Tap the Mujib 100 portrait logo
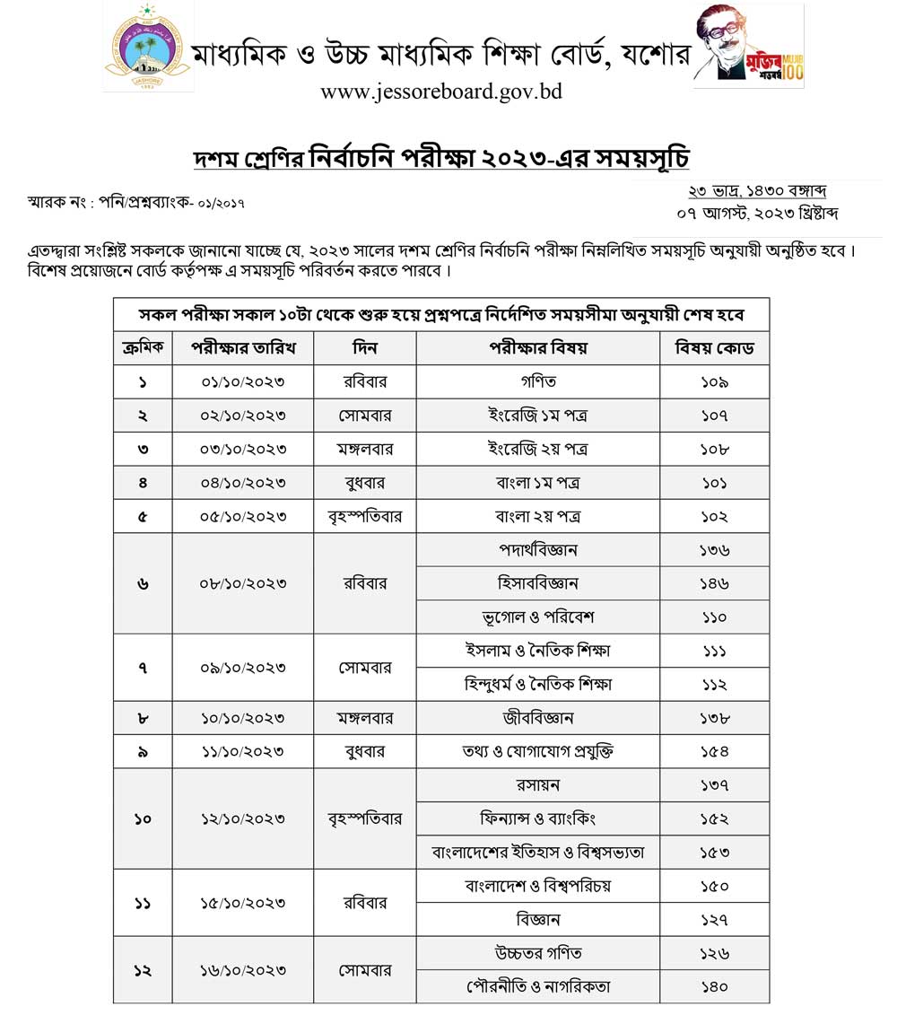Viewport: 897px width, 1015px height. (x=749, y=47)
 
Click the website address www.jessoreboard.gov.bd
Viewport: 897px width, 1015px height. (x=440, y=92)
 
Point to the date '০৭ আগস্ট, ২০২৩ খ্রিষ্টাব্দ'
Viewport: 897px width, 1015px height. (x=758, y=214)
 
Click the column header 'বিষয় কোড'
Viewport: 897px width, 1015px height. (x=714, y=347)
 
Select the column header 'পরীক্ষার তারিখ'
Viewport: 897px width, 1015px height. (x=241, y=347)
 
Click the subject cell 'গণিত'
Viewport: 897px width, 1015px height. (x=538, y=381)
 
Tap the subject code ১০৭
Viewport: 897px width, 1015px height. (x=714, y=416)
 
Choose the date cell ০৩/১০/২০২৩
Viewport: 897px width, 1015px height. (x=241, y=449)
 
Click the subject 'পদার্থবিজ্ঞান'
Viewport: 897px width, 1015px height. (x=538, y=550)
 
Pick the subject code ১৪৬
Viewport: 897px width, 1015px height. (x=714, y=583)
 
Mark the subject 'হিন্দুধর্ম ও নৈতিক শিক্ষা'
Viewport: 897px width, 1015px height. (x=538, y=685)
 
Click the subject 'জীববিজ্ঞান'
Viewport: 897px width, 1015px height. (x=538, y=718)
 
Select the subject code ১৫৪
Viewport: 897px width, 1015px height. (x=714, y=752)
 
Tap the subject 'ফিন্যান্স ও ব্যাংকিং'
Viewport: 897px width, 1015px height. (x=538, y=818)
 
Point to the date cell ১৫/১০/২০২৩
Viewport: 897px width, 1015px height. (x=241, y=903)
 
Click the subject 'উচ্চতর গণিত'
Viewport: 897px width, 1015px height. (x=538, y=953)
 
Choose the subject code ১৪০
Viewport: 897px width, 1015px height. (x=714, y=986)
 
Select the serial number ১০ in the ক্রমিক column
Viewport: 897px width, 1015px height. (x=143, y=818)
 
